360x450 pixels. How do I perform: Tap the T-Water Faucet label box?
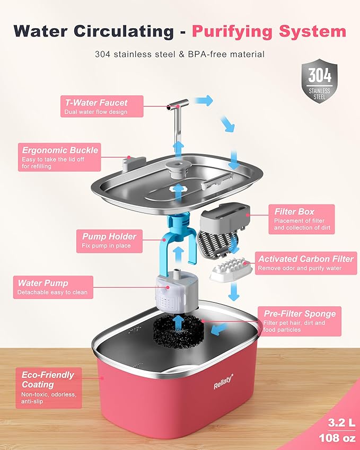click(95, 106)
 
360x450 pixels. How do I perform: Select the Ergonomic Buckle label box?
click(60, 157)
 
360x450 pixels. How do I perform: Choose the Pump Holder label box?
click(109, 241)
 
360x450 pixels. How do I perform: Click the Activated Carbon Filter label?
click(305, 263)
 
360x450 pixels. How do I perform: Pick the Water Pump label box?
click(54, 287)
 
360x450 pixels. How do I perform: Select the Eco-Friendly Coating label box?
click(49, 387)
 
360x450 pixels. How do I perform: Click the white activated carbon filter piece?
click(230, 269)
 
